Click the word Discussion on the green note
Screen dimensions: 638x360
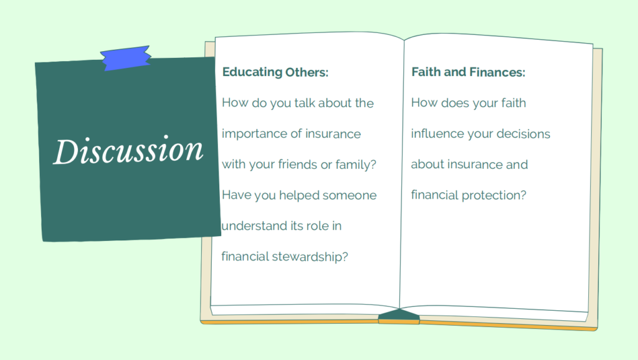[128, 150]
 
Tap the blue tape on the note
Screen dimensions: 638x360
[126, 58]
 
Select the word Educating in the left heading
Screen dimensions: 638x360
[252, 73]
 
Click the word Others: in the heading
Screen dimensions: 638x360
[307, 72]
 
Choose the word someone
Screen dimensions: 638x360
[350, 196]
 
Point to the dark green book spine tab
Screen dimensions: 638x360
[399, 314]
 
